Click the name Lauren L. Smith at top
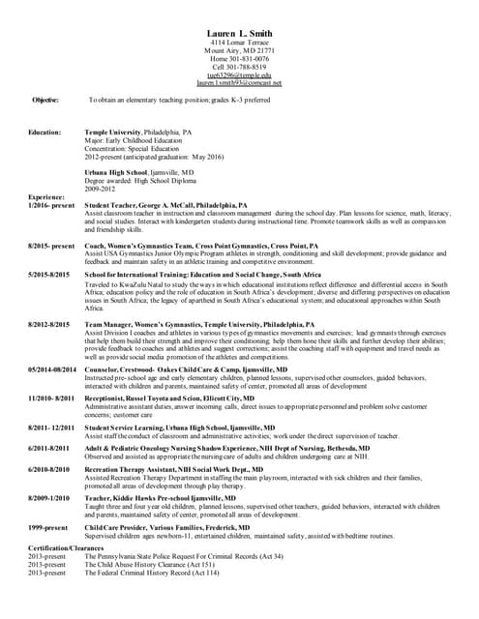coord(239,34)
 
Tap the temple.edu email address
coord(239,74)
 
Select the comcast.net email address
coord(239,83)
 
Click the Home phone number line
coord(239,58)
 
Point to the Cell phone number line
coord(239,67)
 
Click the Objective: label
coord(45,100)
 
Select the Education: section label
coord(45,132)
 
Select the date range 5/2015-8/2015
coord(49,276)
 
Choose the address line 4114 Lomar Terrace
coord(239,43)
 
